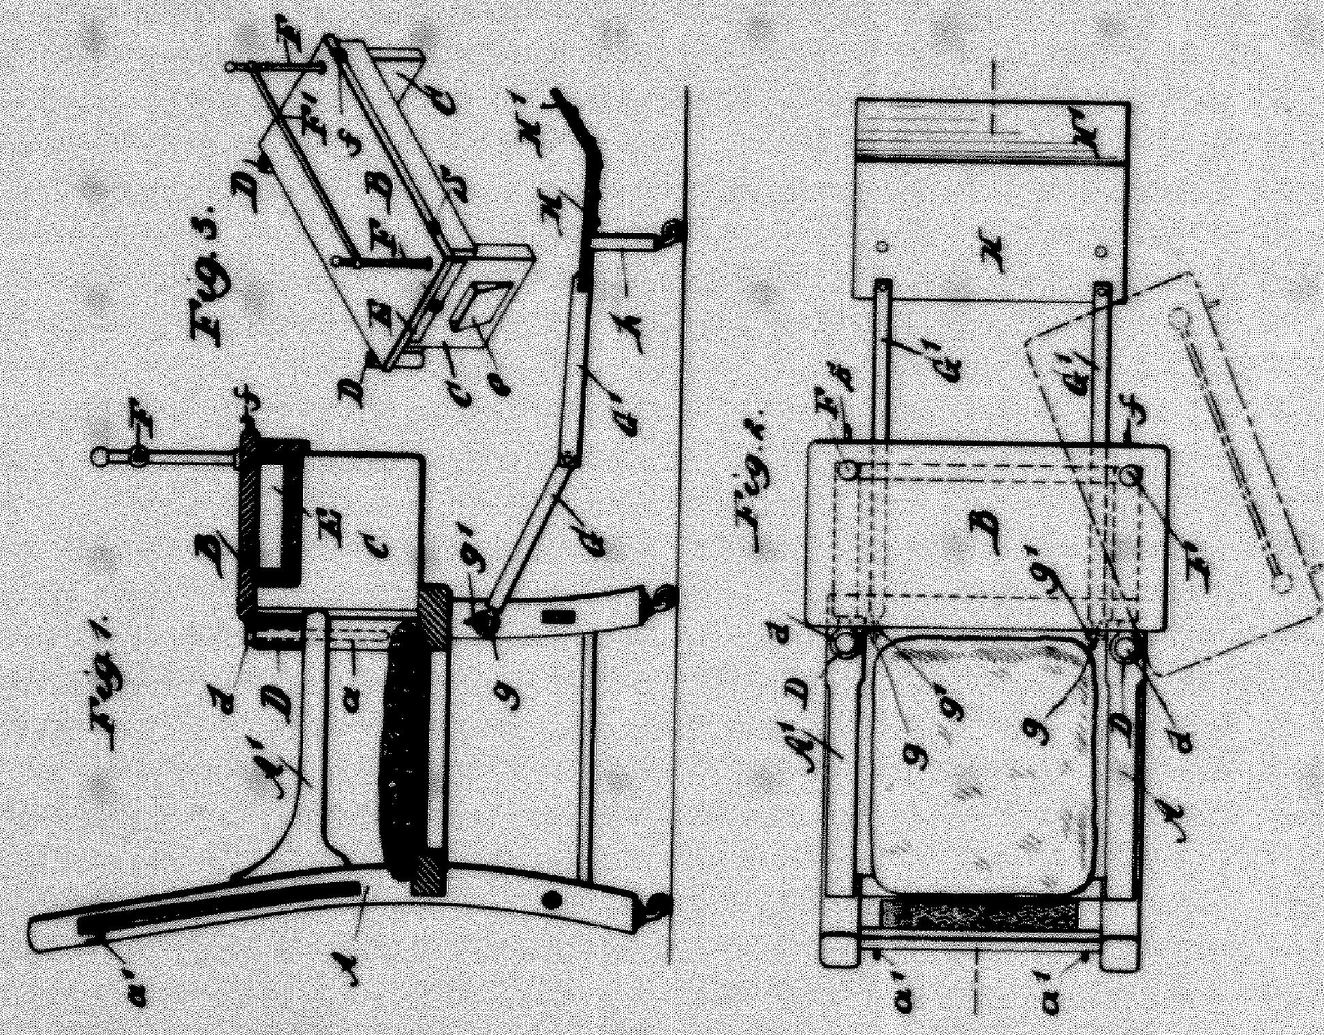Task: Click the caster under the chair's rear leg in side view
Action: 659,904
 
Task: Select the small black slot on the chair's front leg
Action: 558,617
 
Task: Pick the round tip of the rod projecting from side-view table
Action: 100,456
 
